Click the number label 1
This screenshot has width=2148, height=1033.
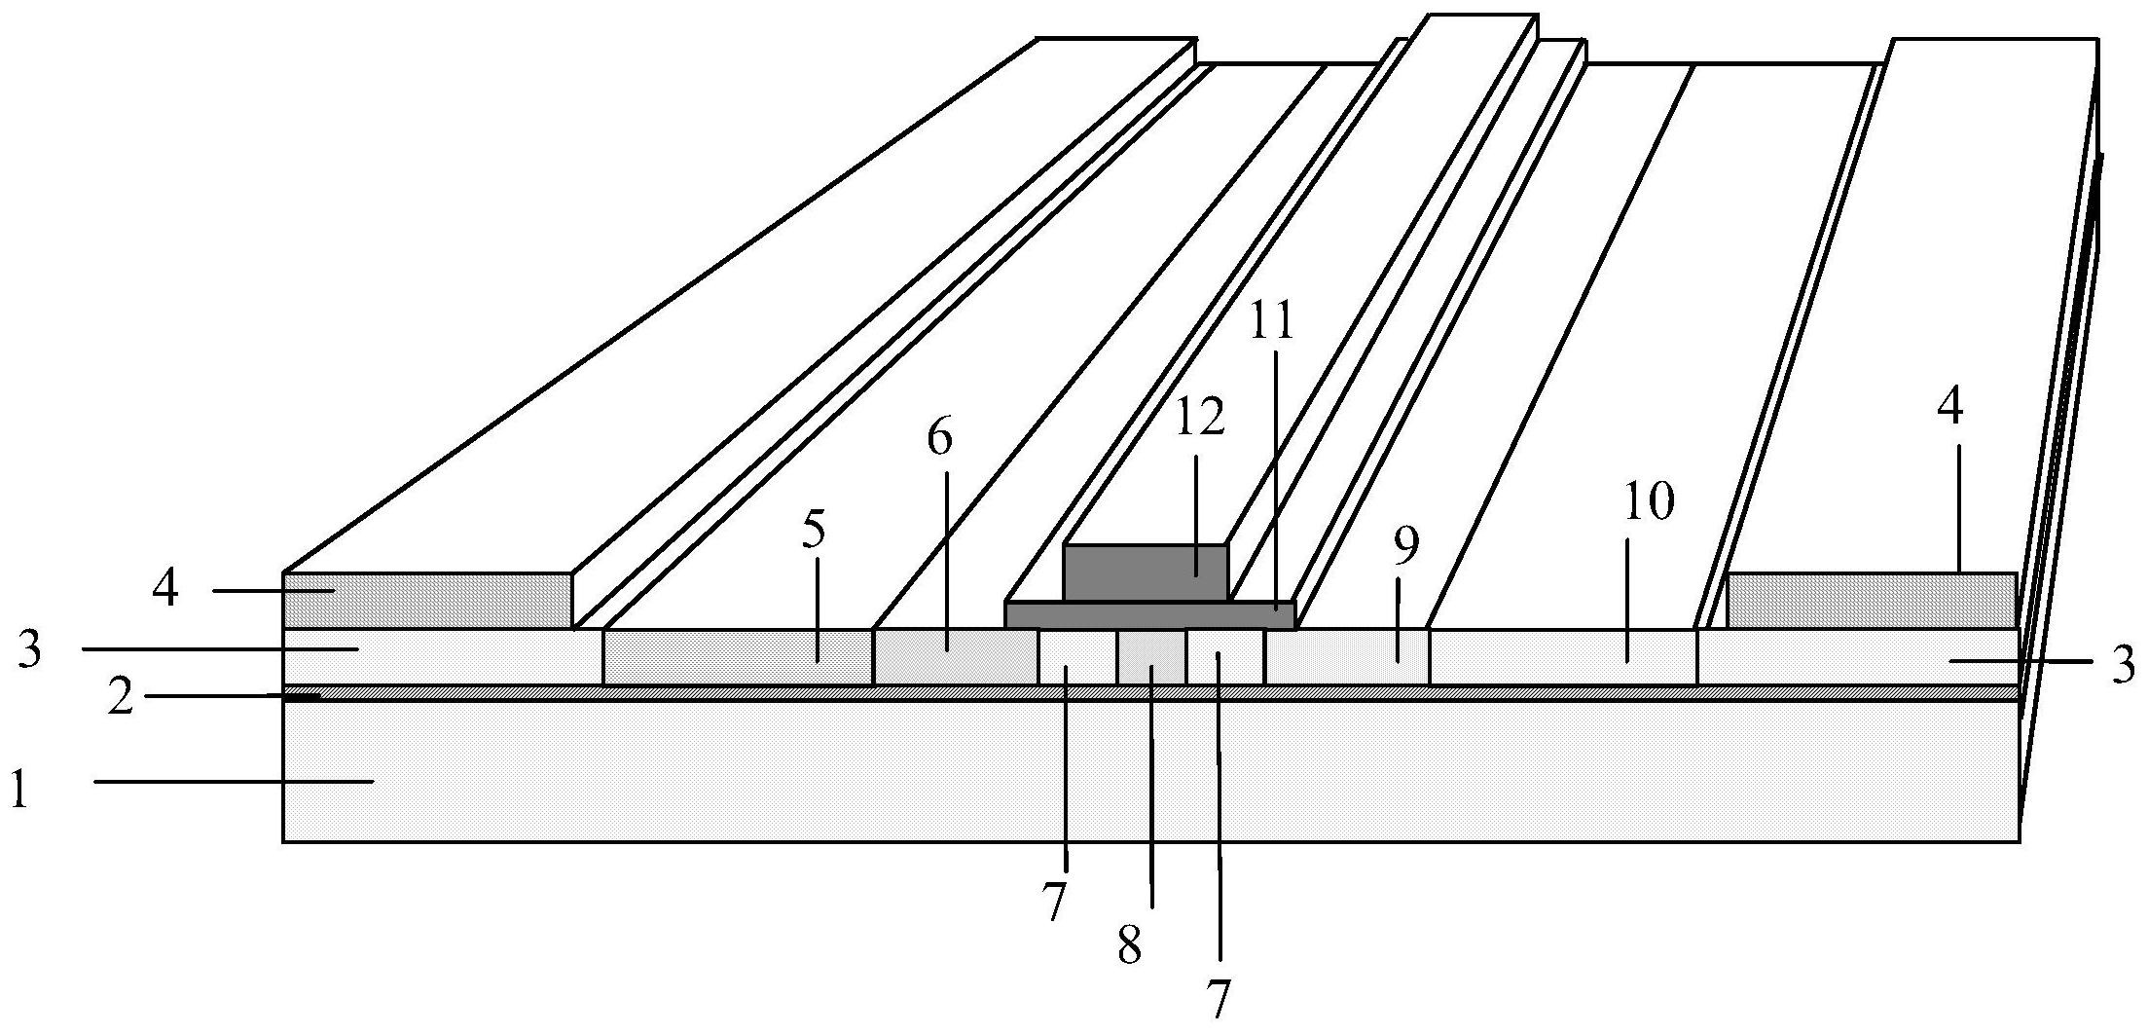coord(20,789)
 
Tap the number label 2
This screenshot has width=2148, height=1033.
coord(121,699)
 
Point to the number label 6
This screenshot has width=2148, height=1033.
coord(939,439)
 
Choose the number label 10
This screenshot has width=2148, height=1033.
coord(1649,502)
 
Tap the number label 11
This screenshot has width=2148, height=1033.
coord(1271,320)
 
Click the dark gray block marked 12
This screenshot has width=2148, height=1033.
coord(1146,572)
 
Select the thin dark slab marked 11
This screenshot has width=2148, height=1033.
coord(1150,615)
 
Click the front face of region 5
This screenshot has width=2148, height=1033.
coord(738,657)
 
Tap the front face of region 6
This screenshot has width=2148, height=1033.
coord(956,657)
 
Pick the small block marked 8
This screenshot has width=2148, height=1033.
coord(1151,657)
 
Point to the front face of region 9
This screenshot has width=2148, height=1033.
coord(1347,657)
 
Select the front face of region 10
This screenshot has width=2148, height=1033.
coord(1563,657)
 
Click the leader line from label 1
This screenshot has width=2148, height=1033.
coord(235,780)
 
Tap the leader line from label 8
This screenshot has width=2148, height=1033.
coord(1152,787)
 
